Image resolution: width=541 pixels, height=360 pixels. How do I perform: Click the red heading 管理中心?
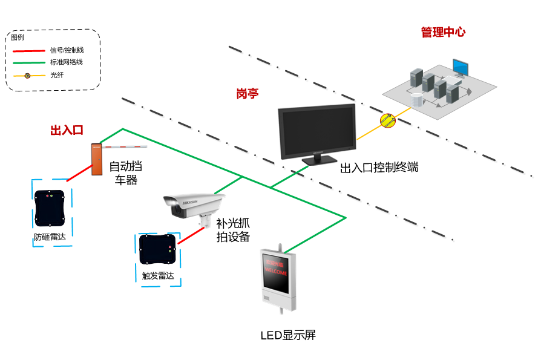click(443, 33)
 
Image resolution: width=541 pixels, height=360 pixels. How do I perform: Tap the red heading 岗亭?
click(247, 94)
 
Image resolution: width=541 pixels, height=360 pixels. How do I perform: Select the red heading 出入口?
click(66, 130)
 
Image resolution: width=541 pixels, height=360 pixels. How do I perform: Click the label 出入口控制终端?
click(379, 168)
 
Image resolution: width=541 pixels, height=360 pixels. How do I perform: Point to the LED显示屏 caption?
click(288, 335)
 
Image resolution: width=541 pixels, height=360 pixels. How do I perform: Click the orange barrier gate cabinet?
click(96, 159)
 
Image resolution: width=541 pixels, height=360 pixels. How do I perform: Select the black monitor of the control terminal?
click(316, 132)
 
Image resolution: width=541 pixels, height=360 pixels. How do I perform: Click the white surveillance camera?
click(194, 206)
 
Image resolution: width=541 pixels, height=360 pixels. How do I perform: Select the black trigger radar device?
click(158, 250)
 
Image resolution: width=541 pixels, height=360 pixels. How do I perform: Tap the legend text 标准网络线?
click(67, 62)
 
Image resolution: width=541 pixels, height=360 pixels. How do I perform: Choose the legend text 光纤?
click(57, 75)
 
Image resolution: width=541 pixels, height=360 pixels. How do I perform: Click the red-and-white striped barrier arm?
click(124, 146)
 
